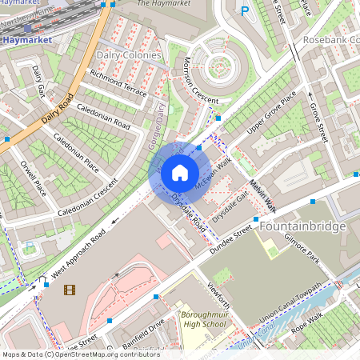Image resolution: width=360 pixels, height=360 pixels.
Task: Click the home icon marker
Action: [x=179, y=172]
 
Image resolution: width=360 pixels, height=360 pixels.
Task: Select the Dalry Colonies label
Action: [x=128, y=55]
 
